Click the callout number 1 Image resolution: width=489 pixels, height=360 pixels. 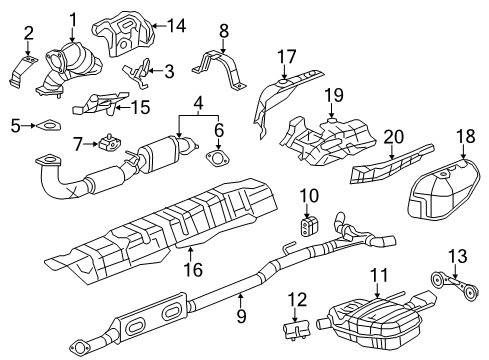[73, 17]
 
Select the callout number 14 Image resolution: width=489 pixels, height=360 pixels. [181, 26]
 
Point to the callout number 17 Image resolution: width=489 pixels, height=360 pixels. [287, 57]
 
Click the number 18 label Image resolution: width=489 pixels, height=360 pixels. [464, 135]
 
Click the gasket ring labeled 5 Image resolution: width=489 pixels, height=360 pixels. [46, 125]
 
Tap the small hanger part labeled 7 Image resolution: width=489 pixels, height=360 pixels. [105, 143]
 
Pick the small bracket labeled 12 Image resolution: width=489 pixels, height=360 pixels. [296, 330]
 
